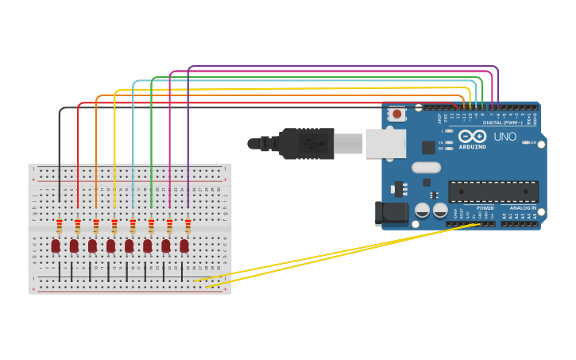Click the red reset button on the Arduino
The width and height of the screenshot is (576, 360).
tap(396, 114)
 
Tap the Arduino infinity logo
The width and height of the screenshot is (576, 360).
tap(471, 137)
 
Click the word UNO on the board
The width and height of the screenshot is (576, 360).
tap(505, 137)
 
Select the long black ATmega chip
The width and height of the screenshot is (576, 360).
tap(493, 192)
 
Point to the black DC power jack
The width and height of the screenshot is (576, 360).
tap(391, 213)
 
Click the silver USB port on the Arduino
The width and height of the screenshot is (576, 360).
tap(385, 144)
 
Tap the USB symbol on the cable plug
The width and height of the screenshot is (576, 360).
tap(310, 144)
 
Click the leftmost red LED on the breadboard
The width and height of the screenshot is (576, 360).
tap(56, 246)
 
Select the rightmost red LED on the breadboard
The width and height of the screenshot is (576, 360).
tap(184, 246)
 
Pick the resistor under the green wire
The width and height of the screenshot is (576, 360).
tap(151, 226)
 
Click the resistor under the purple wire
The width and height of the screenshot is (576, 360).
tap(187, 226)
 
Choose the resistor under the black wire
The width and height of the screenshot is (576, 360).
tap(60, 226)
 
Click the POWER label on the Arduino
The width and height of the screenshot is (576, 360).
tap(485, 208)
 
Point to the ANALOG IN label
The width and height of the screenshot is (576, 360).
tap(523, 208)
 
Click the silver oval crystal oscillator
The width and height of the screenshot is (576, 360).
tap(426, 168)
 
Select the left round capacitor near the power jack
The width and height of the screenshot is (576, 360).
tap(423, 210)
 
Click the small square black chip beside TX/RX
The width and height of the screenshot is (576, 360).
tap(428, 147)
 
